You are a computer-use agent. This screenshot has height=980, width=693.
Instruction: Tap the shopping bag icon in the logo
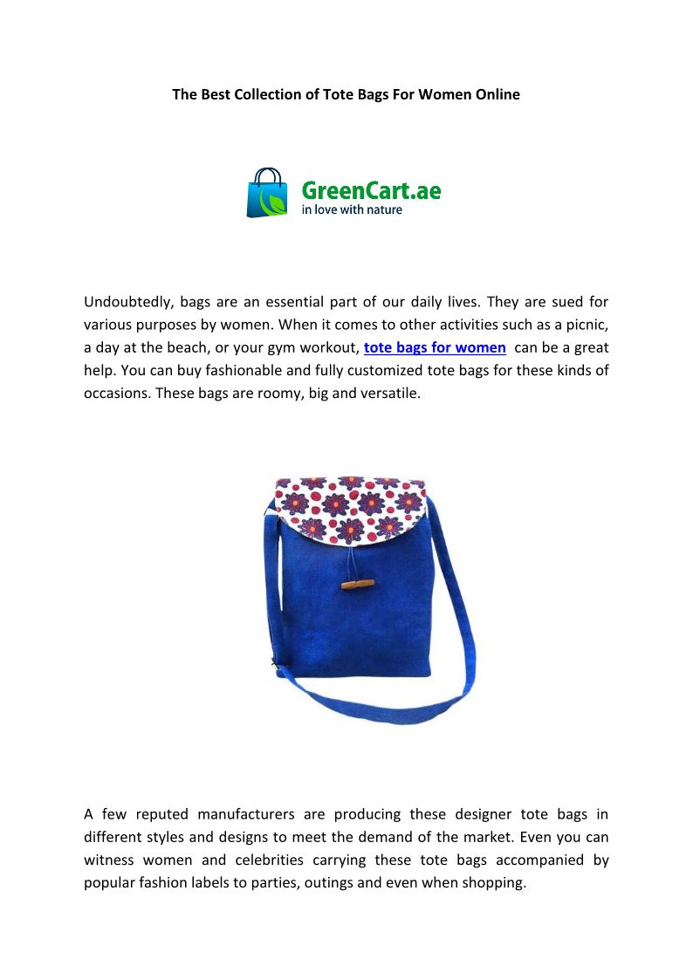[267, 193]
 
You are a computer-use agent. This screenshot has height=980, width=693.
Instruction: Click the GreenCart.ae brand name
[371, 189]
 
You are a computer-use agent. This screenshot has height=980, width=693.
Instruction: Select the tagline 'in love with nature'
[352, 210]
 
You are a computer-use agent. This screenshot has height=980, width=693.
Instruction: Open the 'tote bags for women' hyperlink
[435, 347]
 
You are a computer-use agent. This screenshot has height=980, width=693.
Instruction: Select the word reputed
[159, 814]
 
